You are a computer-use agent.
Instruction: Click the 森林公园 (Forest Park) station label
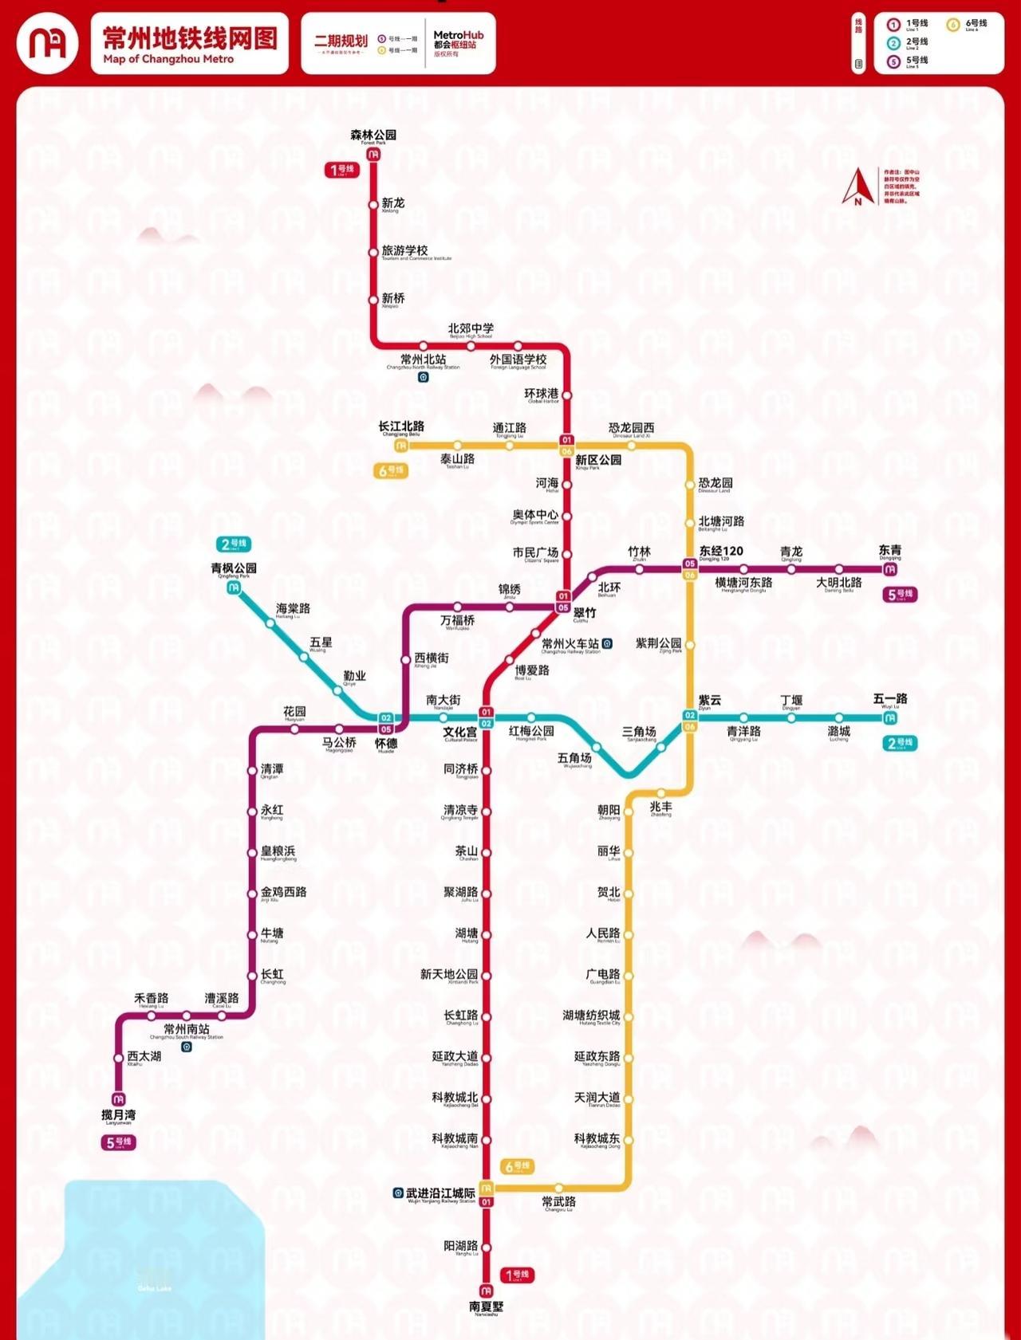click(373, 136)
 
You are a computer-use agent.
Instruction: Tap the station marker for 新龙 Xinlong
click(373, 205)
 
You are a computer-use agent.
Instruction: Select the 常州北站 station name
click(423, 360)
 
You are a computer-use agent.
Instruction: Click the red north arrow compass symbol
click(858, 187)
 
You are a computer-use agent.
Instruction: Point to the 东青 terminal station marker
click(890, 569)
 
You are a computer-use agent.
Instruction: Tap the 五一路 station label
click(890, 699)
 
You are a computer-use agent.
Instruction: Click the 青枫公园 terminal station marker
click(234, 587)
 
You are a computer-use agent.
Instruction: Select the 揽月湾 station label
click(118, 1114)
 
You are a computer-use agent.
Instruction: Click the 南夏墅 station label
click(486, 1307)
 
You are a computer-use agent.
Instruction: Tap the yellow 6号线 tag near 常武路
click(517, 1166)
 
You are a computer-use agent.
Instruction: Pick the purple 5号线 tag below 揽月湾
click(118, 1142)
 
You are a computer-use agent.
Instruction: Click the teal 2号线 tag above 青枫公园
click(234, 544)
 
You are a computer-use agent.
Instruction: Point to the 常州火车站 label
click(570, 643)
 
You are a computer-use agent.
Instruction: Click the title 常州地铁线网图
click(190, 38)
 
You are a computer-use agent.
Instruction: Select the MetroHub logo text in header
click(458, 35)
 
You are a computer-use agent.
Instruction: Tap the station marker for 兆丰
click(660, 793)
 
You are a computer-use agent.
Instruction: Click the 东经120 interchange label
click(721, 551)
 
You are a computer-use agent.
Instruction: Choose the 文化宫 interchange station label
click(460, 732)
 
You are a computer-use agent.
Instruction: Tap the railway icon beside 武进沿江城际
click(398, 1193)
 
